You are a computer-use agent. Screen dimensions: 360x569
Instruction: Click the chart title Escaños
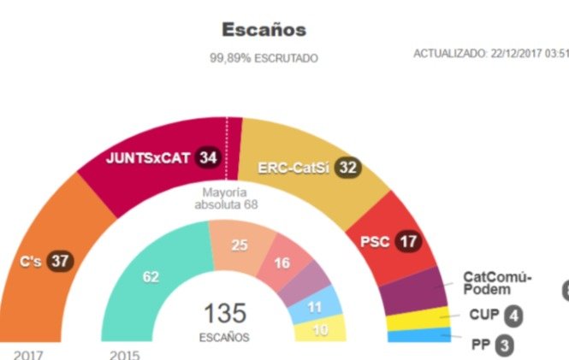(x=264, y=30)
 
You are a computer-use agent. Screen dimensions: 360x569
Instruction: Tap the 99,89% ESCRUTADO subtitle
(x=264, y=58)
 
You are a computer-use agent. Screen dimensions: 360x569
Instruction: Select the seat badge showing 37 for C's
(x=58, y=260)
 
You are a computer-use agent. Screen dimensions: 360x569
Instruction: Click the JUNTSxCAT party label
(x=147, y=157)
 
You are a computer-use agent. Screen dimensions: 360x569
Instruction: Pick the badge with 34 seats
(x=206, y=157)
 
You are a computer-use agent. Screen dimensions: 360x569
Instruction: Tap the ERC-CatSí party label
(x=293, y=168)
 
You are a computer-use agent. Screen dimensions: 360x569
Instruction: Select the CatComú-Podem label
(x=496, y=283)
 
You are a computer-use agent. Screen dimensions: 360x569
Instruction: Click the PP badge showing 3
(x=507, y=345)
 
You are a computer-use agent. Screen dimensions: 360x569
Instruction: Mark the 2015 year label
(x=125, y=353)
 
